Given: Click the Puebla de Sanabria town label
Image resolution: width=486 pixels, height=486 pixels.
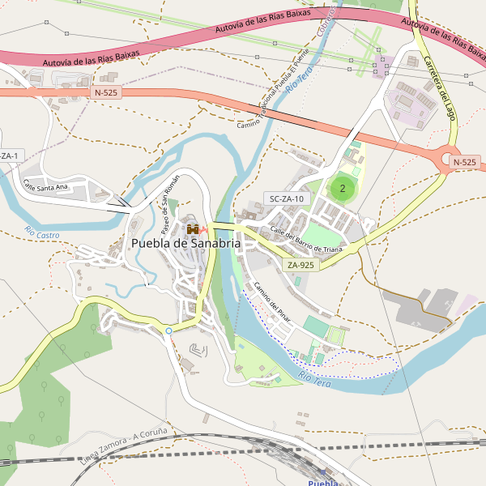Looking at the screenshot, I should pos(185,243).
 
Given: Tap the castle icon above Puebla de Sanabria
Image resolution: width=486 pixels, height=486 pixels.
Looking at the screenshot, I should pos(193,229).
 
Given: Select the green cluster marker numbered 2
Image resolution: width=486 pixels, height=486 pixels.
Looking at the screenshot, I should pos(342,189).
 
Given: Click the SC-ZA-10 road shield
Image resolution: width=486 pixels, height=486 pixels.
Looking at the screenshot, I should pos(287,198).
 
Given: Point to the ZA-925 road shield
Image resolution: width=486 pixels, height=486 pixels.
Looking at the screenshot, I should pos(301,265).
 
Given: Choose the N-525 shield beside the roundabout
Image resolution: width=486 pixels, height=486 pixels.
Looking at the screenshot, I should pos(464,162).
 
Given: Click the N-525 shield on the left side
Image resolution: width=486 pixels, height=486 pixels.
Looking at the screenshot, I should pos(107,93).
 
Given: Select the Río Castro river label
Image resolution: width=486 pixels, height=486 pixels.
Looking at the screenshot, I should pos(42,233).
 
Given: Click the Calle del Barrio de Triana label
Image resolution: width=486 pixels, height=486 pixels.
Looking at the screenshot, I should pos(306,240).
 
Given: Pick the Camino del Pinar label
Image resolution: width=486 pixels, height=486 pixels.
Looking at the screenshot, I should pos(272,301).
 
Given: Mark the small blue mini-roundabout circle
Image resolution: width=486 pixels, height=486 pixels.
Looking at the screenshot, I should pos(168,330).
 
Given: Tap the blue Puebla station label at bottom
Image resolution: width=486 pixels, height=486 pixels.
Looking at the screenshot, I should pos(323,482).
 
